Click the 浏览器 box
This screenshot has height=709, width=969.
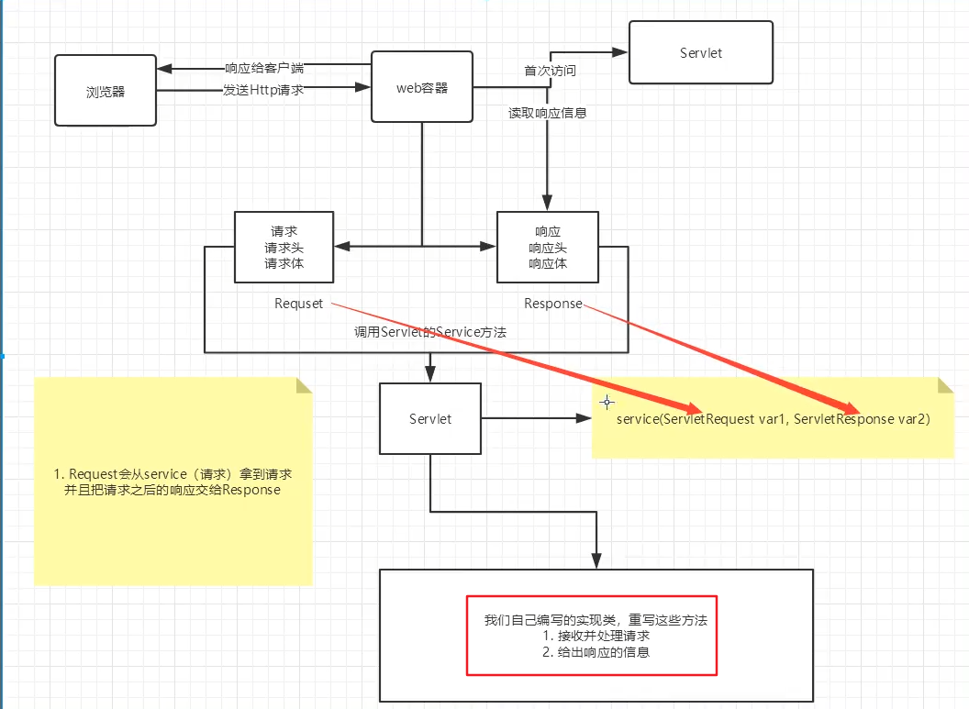[105, 90]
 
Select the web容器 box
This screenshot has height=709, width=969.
[422, 86]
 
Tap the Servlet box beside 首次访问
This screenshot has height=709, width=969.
[701, 52]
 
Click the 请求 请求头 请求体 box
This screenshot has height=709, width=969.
[284, 247]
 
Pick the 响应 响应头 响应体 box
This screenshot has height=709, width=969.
[548, 247]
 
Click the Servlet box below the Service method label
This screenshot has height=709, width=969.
[430, 419]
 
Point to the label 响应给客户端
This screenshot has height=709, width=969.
[264, 68]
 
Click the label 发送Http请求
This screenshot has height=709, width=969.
[263, 90]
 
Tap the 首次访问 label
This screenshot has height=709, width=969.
[550, 71]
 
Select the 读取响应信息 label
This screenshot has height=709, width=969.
[548, 113]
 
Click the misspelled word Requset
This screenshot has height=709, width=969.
[298, 304]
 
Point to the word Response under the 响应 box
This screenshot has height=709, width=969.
[553, 304]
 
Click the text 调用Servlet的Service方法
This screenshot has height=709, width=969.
[430, 332]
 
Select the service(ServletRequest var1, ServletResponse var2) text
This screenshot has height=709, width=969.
[774, 419]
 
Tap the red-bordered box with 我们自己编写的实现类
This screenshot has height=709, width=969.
[592, 636]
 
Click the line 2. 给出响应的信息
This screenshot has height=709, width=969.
[596, 652]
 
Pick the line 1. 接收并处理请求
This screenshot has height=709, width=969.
[596, 637]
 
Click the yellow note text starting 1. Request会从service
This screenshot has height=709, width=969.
[173, 482]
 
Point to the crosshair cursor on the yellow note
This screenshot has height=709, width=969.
[607, 403]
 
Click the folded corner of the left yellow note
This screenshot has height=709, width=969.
[304, 385]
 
